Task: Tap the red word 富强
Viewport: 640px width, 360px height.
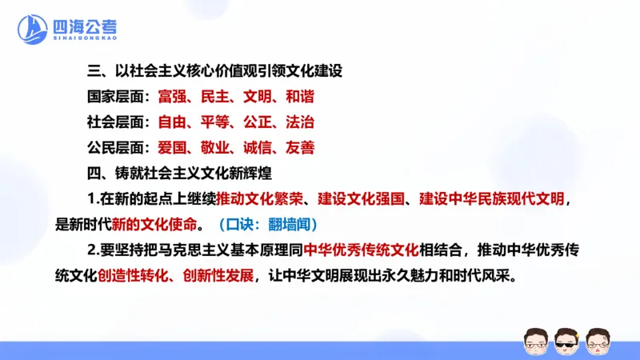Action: (171, 97)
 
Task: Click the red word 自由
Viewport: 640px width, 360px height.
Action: (171, 122)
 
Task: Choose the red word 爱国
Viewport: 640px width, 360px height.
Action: (171, 147)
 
